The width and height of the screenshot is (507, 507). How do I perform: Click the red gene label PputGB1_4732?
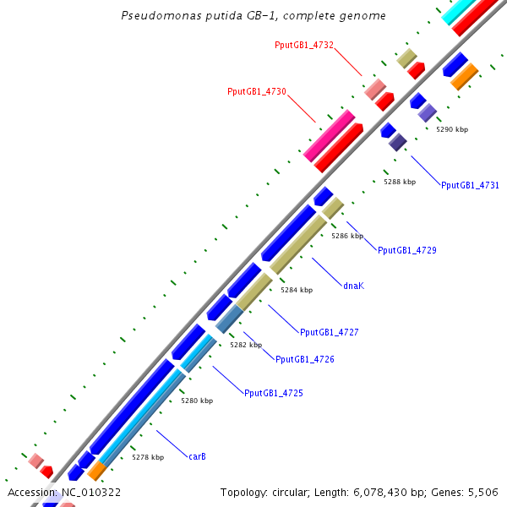coord(303,44)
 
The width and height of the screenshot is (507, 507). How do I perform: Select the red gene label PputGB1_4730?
coord(257,91)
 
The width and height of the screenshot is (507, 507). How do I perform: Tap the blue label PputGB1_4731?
coord(470,185)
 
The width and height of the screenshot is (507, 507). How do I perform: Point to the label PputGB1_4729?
coord(406,250)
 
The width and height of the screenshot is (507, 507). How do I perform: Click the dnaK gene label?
coord(354,286)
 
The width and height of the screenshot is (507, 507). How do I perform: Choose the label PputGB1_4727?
coord(330,332)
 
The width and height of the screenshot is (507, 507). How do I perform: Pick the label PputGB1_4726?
coord(305,359)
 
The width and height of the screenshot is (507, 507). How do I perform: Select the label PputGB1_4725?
coord(274,393)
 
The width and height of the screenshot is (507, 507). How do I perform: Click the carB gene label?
coord(197,456)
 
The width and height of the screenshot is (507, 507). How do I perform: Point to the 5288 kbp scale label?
coord(400,182)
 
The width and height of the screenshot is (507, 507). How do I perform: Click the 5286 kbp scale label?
coord(347,236)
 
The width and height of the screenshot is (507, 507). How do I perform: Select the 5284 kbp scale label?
coord(297,290)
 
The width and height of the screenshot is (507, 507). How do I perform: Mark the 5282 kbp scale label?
coord(246,345)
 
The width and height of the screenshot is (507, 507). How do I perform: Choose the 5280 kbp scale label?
coord(197,401)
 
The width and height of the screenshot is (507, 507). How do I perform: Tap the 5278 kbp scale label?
coord(148,456)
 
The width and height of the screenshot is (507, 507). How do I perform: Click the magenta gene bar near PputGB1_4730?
coord(329,135)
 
